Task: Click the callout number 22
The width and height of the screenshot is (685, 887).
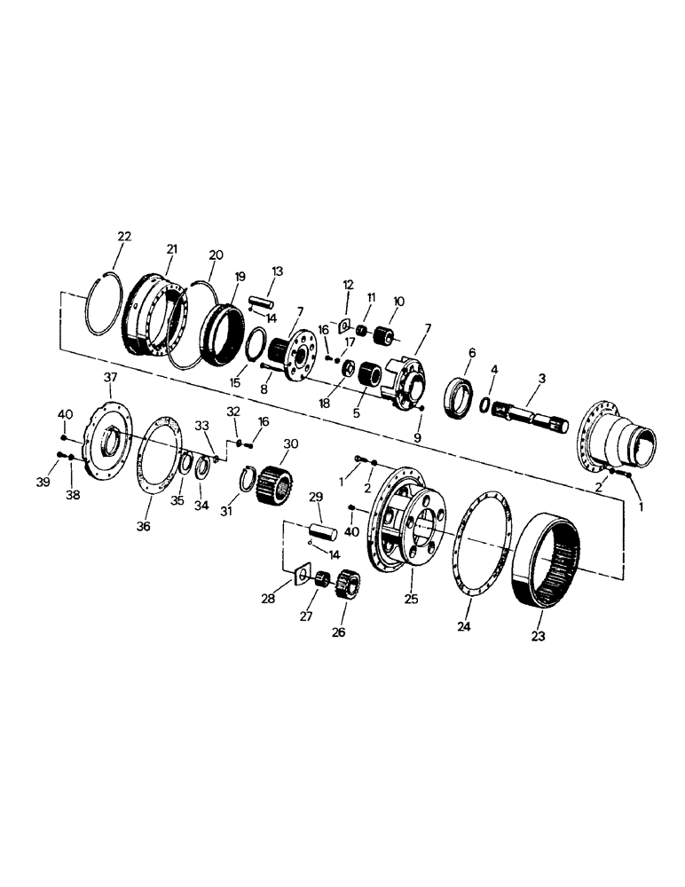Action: pyautogui.click(x=123, y=236)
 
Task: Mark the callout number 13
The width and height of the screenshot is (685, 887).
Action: pyautogui.click(x=277, y=271)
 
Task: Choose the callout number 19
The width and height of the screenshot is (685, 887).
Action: pyautogui.click(x=238, y=277)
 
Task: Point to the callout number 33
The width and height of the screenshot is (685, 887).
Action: pyautogui.click(x=203, y=425)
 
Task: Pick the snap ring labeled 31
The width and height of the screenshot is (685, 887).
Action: pyautogui.click(x=251, y=484)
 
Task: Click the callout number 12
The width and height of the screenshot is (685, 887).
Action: pyautogui.click(x=349, y=285)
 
